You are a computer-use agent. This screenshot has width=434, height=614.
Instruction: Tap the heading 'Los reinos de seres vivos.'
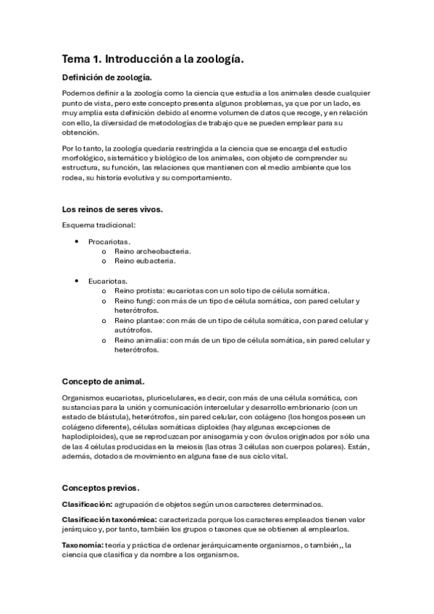pyautogui.click(x=112, y=210)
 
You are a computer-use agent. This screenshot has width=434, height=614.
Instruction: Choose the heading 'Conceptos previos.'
pyautogui.click(x=101, y=487)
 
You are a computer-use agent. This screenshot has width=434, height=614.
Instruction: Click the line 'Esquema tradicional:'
pyautogui.click(x=99, y=225)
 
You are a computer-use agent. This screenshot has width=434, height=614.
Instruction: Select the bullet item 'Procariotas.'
pyautogui.click(x=109, y=240)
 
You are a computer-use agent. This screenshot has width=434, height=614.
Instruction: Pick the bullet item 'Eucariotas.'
pyautogui.click(x=109, y=280)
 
